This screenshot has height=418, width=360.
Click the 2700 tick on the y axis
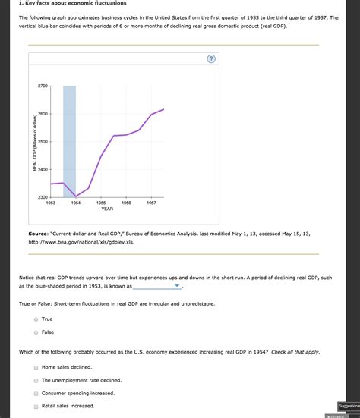(x=42, y=86)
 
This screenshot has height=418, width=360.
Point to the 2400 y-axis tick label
(x=42, y=169)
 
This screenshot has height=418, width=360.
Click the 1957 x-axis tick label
(x=151, y=203)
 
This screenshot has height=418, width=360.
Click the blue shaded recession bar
(x=69, y=137)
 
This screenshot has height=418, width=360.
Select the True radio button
(x=36, y=319)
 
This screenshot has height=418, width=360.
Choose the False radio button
(x=36, y=332)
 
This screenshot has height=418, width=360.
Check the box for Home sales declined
(x=36, y=367)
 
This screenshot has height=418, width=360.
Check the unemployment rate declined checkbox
(x=36, y=380)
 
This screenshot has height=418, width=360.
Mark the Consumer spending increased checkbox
(x=36, y=394)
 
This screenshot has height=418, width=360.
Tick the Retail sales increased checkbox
(x=36, y=407)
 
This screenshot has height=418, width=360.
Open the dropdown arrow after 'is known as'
(x=177, y=288)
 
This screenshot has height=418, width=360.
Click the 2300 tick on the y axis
(x=42, y=197)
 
